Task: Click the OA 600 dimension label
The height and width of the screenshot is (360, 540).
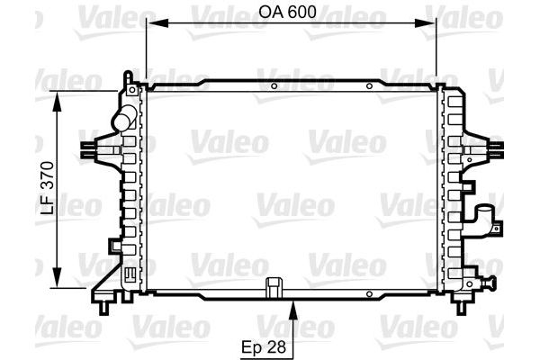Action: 287,12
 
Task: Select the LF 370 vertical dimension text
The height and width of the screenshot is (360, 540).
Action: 48,188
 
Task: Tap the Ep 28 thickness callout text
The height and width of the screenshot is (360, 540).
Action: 264,346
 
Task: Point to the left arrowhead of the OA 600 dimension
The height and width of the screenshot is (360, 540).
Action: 157,23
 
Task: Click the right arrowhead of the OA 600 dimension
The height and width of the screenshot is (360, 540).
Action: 425,23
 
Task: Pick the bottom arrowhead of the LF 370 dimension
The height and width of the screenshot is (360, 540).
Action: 58,276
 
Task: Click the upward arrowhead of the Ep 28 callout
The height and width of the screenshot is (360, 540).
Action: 293,310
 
